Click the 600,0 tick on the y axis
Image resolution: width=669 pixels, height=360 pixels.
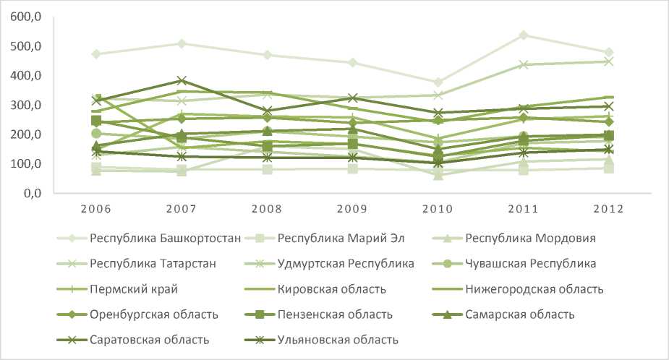coord(25,17)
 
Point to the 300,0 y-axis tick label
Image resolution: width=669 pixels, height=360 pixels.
coord(25,105)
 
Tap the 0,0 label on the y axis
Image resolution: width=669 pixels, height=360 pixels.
coord(29,193)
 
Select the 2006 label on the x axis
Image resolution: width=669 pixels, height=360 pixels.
coord(95,209)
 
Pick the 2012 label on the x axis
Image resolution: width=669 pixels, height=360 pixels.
coord(608,209)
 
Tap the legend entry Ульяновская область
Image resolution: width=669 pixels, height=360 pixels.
coord(339,339)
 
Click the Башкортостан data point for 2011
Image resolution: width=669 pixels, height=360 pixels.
coord(523,35)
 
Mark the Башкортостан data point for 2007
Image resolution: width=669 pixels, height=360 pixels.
coord(181,44)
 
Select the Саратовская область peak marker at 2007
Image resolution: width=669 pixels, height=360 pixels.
coord(181,80)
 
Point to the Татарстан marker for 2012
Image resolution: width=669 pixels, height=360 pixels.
coord(608,61)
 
